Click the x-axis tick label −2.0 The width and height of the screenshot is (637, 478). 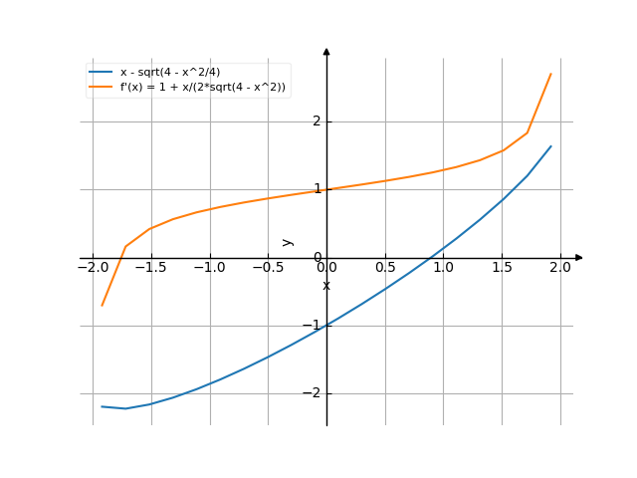coord(92,268)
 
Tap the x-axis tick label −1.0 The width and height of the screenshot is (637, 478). coord(209,268)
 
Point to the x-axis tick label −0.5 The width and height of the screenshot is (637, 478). coord(267,268)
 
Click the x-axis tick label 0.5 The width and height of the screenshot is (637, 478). coord(384,268)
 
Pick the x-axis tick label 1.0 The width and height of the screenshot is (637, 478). coord(443,268)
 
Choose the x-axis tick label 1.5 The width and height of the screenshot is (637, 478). coord(502,268)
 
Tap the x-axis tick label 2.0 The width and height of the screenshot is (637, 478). coord(560,268)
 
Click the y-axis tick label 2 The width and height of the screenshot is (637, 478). coord(318,121)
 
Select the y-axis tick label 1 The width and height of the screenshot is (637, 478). coord(318,189)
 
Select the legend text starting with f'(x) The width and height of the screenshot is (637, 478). coord(202,87)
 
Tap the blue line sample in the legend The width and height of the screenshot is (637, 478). coord(101,73)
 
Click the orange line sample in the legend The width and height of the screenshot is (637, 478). coord(101,87)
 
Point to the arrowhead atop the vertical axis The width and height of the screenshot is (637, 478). coord(326,49)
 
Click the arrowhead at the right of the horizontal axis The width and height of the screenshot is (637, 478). coord(579,258)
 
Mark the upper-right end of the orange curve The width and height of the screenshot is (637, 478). coord(550,74)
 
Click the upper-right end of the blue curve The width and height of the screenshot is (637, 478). coord(550,145)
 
